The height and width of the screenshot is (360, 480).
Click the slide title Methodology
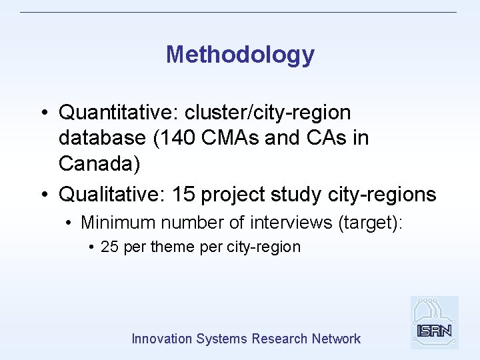(x=240, y=55)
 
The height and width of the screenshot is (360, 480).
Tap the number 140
(x=177, y=138)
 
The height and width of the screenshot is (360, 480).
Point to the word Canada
(x=99, y=163)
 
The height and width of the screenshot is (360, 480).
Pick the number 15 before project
(x=182, y=194)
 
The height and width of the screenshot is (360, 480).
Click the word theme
(x=173, y=247)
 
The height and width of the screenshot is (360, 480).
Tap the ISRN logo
(x=434, y=323)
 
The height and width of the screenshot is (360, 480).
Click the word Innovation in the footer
(x=162, y=339)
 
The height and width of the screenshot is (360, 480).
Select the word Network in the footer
(x=336, y=339)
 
